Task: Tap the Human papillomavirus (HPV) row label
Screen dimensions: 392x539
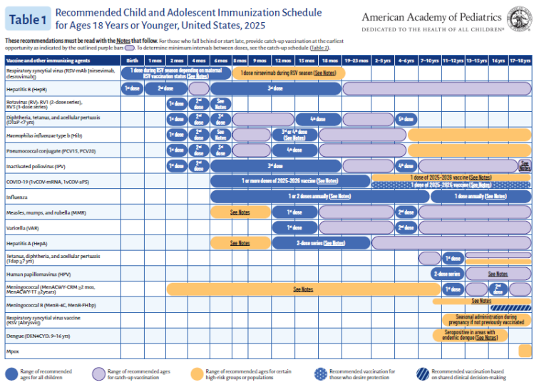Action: tap(36, 274)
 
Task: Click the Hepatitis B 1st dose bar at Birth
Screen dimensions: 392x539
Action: tap(132, 88)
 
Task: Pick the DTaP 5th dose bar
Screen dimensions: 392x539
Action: tap(406, 119)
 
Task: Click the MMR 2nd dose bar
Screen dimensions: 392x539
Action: tap(406, 212)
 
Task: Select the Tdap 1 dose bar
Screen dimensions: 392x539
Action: tap(452, 258)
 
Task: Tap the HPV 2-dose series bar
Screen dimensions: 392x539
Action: tap(447, 274)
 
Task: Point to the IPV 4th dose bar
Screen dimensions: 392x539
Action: tap(406, 165)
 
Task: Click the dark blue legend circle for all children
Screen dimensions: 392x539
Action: tap(11, 372)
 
